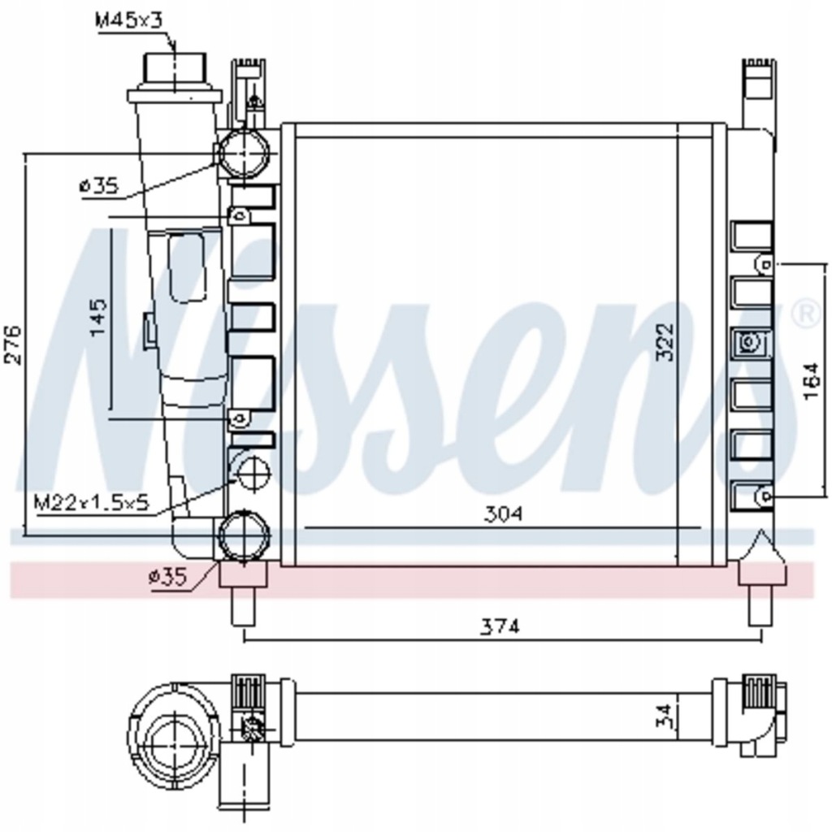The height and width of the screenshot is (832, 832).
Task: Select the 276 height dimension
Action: click(x=14, y=345)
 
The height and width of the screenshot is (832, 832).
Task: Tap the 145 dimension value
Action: click(x=97, y=318)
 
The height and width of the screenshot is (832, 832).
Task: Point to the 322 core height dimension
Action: click(x=665, y=343)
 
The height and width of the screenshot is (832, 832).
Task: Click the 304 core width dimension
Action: click(x=503, y=513)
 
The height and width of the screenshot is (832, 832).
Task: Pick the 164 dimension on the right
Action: click(x=810, y=380)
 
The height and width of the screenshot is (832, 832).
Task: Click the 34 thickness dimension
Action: click(x=664, y=716)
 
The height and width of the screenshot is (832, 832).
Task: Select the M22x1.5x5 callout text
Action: click(x=92, y=502)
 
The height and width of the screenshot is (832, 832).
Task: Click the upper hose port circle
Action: click(x=244, y=153)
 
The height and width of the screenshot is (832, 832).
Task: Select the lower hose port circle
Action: click(x=244, y=535)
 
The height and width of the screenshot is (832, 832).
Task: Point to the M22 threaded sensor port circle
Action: click(x=250, y=471)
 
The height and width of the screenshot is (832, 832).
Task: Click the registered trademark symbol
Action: click(x=804, y=314)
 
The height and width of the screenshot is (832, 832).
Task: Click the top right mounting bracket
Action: click(x=759, y=89)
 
